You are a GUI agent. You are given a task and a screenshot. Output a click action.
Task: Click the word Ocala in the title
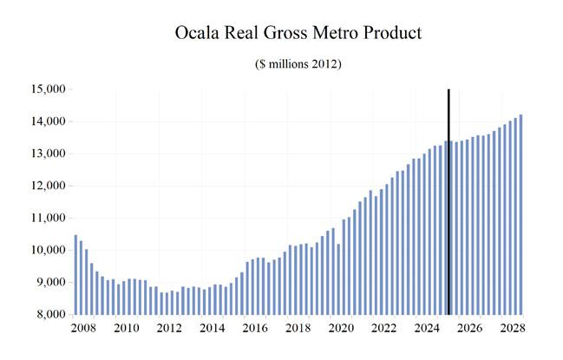197,33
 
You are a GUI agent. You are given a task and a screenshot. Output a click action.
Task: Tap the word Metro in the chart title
335,33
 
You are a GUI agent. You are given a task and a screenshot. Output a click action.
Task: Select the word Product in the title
392,33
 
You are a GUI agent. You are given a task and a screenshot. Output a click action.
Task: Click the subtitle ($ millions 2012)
298,64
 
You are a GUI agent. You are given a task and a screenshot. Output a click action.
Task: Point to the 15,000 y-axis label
49,89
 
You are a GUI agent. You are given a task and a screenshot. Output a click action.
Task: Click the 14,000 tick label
49,121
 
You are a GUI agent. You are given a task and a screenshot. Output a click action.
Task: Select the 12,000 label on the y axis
49,186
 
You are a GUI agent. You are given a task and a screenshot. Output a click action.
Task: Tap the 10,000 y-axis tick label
49,250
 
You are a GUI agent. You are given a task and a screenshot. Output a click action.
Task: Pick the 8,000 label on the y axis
51,314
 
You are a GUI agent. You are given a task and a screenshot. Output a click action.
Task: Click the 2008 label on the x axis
83,328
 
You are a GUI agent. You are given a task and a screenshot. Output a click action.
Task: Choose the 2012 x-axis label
169,328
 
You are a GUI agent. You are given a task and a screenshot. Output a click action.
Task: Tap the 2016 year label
255,328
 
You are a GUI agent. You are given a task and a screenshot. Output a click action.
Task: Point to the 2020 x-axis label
341,328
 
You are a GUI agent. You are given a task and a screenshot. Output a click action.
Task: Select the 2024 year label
427,328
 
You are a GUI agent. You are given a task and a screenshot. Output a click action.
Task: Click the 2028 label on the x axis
513,328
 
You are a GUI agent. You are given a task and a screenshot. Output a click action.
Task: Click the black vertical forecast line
448,202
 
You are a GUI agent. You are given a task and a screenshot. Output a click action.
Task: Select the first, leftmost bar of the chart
75,275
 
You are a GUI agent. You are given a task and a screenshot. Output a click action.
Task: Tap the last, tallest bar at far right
521,214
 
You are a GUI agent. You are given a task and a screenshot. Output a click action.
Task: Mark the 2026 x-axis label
469,328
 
